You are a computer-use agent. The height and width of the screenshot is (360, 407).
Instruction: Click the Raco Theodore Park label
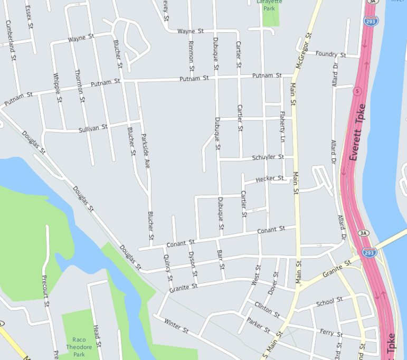pos(79,347)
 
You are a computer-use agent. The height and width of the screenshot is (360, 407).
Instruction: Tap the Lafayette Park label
pos(269,5)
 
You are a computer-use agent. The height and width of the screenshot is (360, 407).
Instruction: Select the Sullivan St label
pos(93,128)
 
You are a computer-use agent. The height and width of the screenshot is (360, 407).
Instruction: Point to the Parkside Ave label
pos(145,152)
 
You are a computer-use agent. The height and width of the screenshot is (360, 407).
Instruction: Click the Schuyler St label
pos(268,157)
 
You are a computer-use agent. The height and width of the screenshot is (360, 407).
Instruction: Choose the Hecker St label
pos(269,179)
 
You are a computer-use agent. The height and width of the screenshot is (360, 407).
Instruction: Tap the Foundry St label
pos(330,54)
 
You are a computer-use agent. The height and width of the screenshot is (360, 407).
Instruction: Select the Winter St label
pos(176,326)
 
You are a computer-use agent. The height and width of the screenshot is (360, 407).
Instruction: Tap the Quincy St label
pos(168,267)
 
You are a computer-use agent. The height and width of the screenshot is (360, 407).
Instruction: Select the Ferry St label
pos(332,333)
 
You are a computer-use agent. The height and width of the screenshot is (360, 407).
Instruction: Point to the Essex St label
pos(30,17)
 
